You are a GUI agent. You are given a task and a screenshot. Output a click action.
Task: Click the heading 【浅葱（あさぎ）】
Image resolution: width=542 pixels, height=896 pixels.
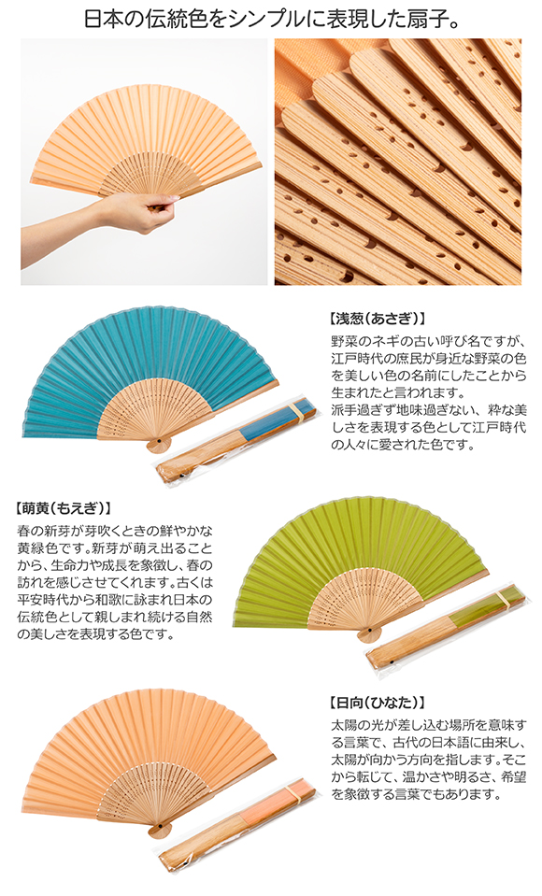378,318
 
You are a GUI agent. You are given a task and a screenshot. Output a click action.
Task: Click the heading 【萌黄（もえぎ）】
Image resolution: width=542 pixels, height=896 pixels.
63,508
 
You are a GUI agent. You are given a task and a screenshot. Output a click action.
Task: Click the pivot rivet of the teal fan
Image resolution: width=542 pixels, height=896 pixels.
157,442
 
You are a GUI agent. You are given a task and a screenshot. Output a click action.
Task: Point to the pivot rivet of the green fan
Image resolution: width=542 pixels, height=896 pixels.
369,630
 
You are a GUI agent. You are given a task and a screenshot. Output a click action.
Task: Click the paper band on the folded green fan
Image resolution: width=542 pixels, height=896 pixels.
504,599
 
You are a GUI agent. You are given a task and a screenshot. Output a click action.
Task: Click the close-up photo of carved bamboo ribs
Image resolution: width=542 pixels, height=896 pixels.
398,162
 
